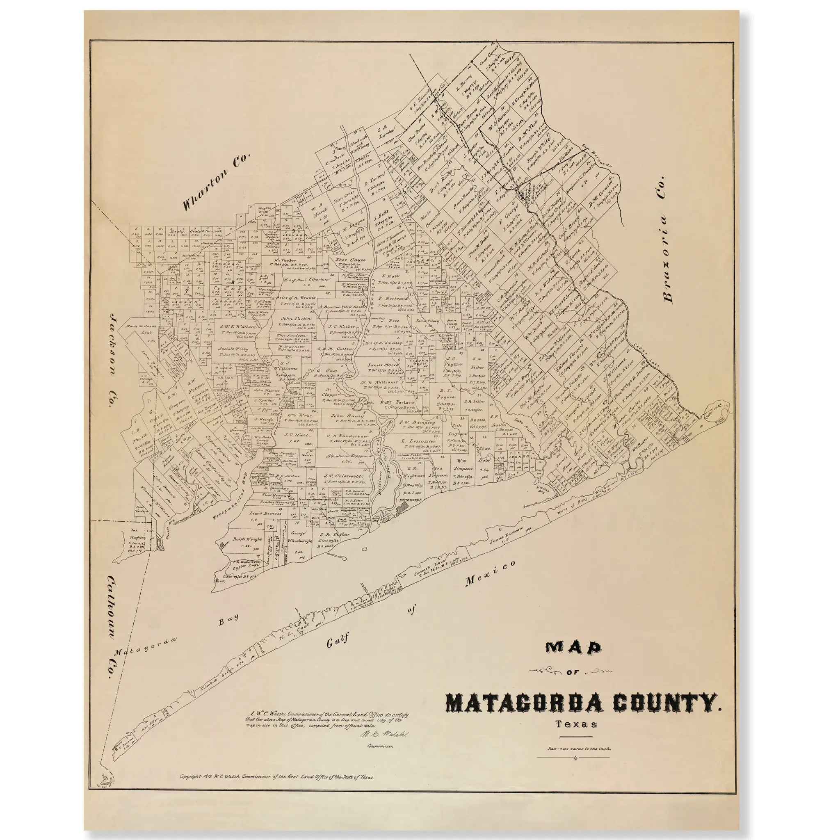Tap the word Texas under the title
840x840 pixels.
click(575, 724)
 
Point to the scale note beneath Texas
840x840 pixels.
click(574, 749)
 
